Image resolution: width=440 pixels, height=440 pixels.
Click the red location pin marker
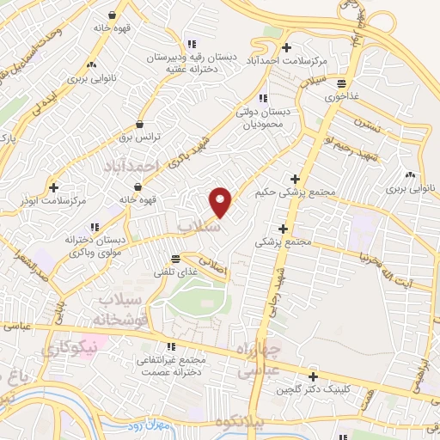click(221, 201)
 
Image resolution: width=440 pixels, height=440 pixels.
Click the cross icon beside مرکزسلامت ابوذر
click(54, 186)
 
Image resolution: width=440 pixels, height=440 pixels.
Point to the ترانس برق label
click(138, 137)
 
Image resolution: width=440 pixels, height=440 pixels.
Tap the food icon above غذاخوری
click(342, 84)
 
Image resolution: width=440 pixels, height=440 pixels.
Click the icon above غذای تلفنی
click(176, 259)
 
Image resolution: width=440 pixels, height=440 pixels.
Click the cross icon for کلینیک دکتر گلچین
click(313, 376)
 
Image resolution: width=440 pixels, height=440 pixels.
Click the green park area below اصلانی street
click(199, 295)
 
